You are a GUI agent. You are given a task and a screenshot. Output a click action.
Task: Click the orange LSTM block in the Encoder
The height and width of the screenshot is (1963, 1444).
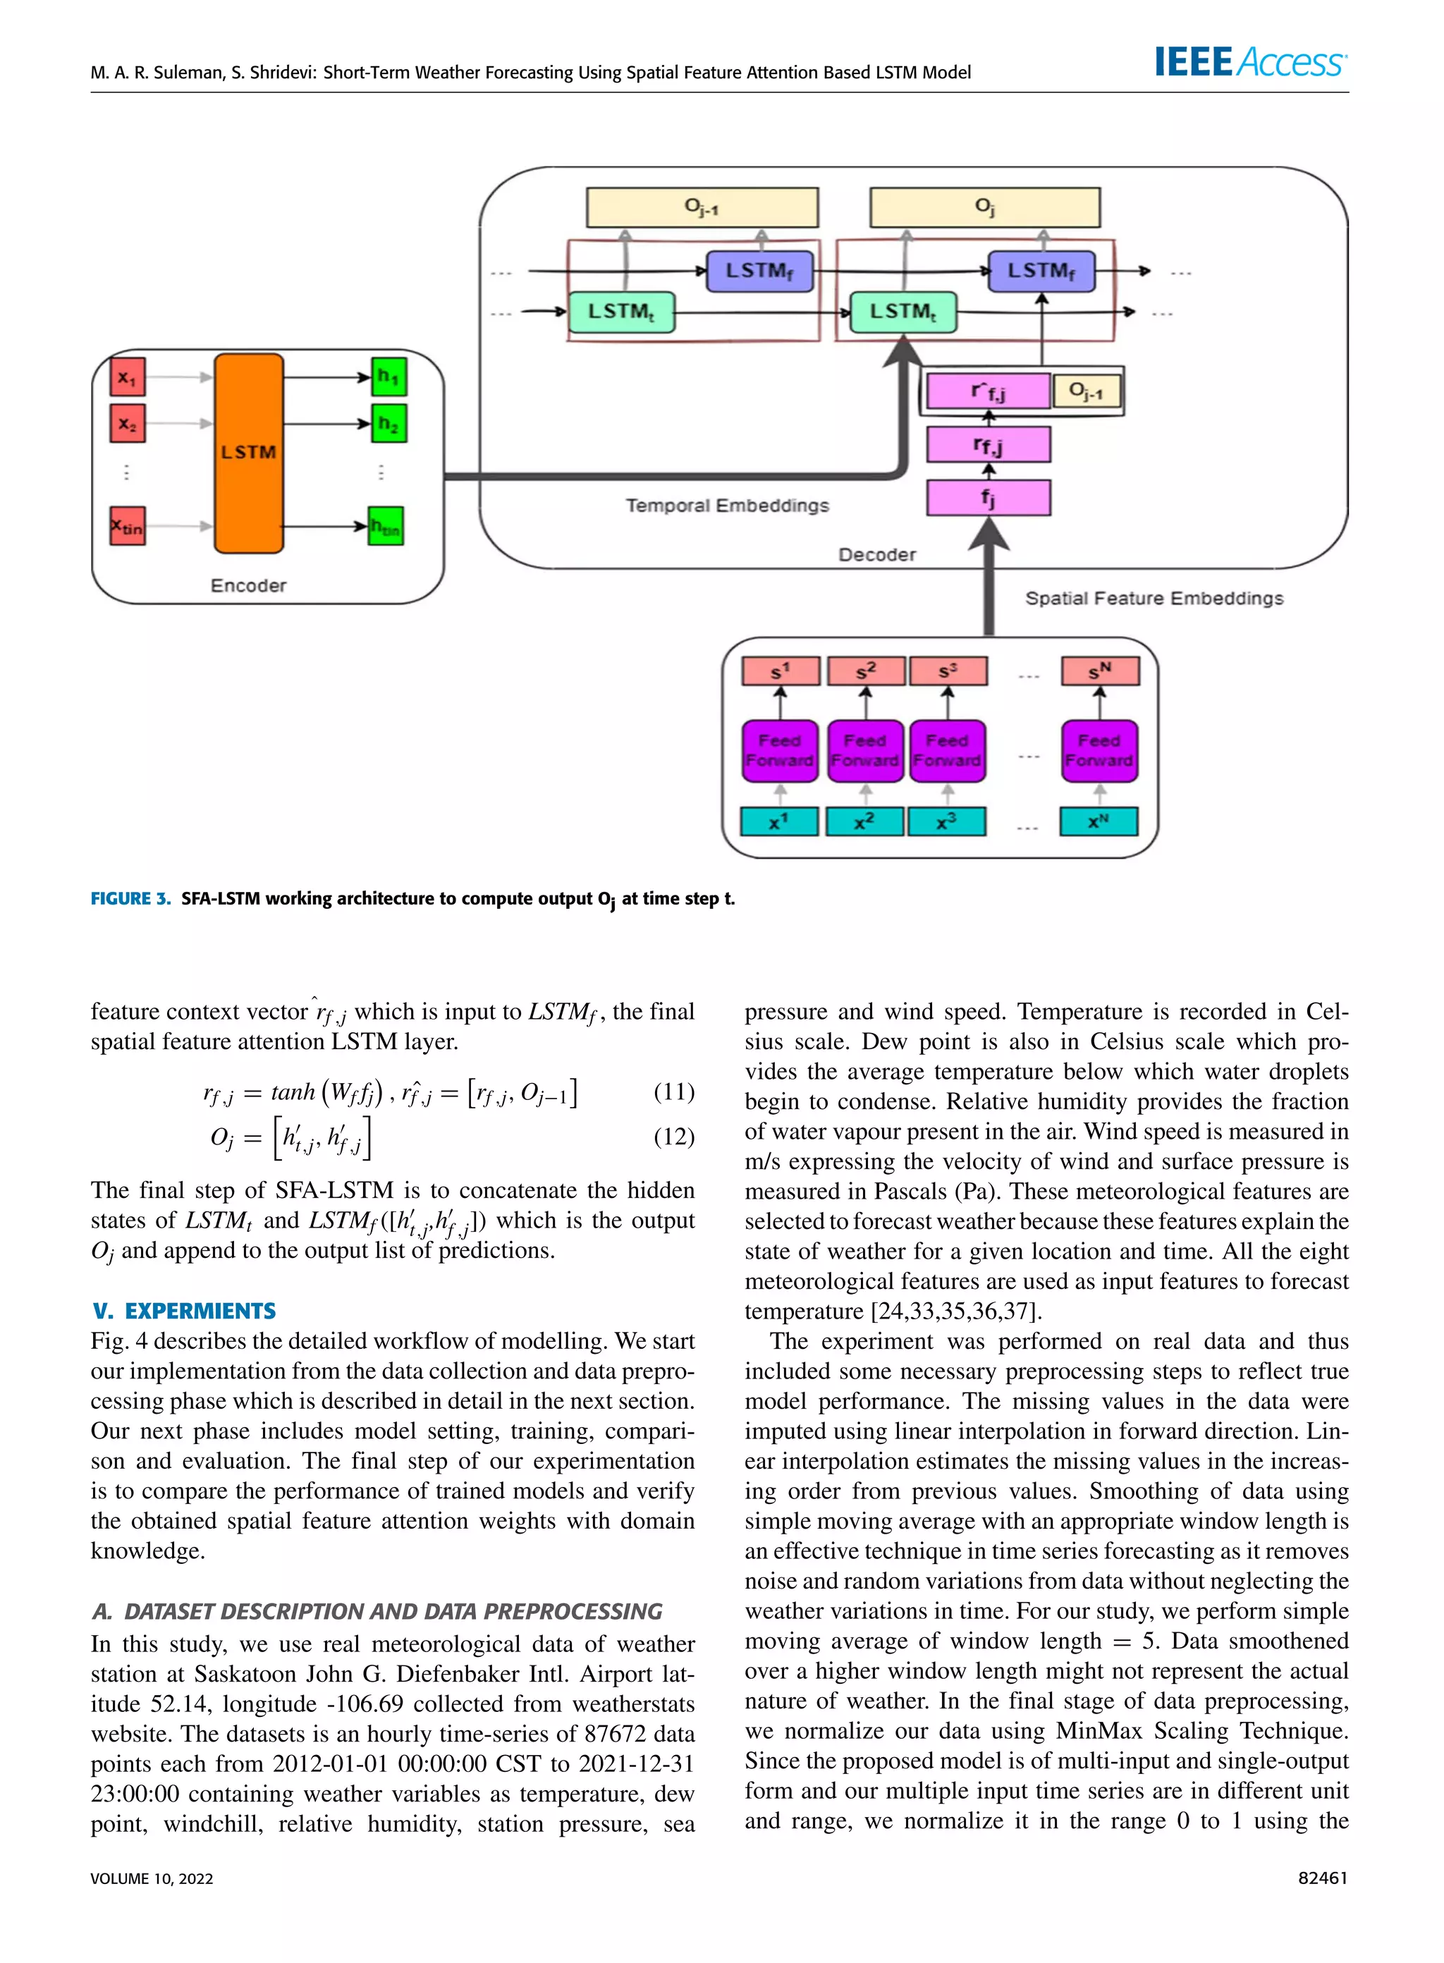pos(248,453)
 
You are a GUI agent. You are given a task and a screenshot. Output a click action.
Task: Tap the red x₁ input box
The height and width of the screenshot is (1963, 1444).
pos(128,377)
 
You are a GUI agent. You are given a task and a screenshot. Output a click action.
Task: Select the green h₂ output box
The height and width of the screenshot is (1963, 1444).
pos(388,424)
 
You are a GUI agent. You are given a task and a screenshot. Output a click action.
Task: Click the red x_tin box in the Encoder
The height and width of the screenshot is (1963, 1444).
pos(128,526)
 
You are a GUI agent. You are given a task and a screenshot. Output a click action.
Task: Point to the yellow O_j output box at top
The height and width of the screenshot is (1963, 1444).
pos(984,208)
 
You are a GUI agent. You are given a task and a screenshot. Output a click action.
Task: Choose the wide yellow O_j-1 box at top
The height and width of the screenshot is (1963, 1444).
pos(702,208)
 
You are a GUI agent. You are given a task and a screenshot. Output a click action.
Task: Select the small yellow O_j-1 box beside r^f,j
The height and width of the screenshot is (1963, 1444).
pos(1087,391)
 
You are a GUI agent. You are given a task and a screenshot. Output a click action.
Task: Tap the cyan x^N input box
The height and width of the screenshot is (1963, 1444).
pos(1099,821)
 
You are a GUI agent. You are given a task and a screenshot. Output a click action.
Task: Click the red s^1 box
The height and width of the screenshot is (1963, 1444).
pos(781,671)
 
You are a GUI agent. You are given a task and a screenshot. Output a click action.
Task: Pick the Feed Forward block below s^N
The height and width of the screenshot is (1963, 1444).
pos(1099,751)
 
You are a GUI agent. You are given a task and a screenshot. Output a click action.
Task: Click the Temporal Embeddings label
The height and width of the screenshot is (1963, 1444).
pos(727,505)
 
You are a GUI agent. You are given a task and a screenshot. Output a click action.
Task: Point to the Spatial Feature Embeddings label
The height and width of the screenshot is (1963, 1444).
pos(1154,598)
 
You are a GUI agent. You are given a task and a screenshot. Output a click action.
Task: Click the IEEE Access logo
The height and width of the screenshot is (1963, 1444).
pos(1250,62)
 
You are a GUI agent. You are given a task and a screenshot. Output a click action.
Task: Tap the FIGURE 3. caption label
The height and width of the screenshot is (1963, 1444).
pos(130,898)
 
